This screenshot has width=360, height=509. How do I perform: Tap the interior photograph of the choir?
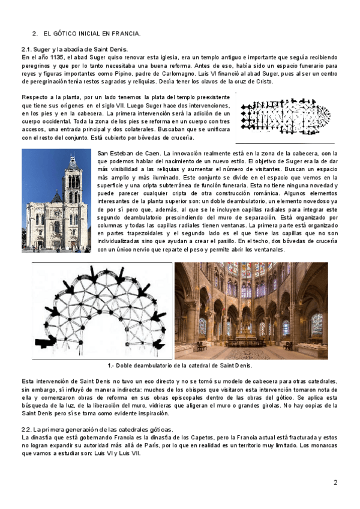(x=251, y=311)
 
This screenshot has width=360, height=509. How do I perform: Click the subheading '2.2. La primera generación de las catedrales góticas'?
(x=97, y=430)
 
